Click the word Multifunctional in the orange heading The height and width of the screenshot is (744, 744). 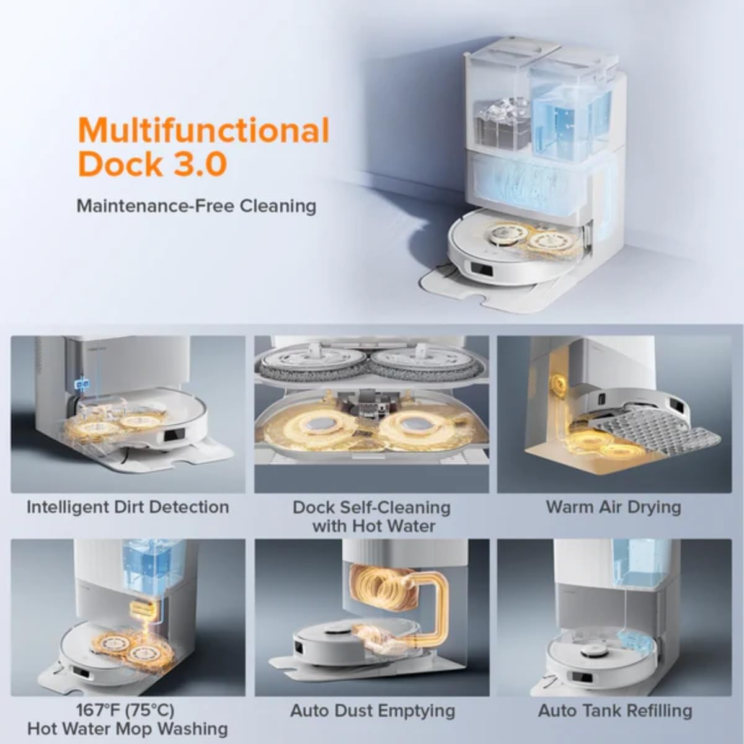[x=204, y=131]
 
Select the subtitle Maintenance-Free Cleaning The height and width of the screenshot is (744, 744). [x=196, y=205]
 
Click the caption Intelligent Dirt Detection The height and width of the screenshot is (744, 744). [x=128, y=507]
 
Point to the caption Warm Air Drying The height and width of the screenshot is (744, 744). [x=613, y=507]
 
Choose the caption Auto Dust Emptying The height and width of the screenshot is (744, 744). [x=373, y=710]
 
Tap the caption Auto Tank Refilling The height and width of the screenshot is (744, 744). [x=615, y=710]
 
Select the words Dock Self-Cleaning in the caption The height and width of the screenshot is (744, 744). [x=371, y=507]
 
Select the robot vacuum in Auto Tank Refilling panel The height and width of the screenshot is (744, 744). [x=598, y=654]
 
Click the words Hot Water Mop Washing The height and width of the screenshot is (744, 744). [x=127, y=728]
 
